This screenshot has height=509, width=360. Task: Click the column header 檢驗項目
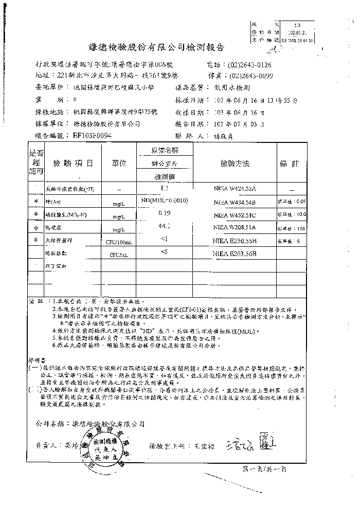tap(74, 163)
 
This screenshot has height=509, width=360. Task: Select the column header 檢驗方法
tap(235, 163)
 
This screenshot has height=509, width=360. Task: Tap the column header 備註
tap(289, 163)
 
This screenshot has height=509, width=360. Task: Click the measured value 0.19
tap(165, 212)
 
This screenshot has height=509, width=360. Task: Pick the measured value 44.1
tap(165, 226)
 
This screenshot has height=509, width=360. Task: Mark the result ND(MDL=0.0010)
tap(165, 200)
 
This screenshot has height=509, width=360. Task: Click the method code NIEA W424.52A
tap(235, 189)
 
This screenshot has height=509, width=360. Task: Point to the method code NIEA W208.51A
tap(235, 227)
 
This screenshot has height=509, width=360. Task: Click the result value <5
tap(165, 251)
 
